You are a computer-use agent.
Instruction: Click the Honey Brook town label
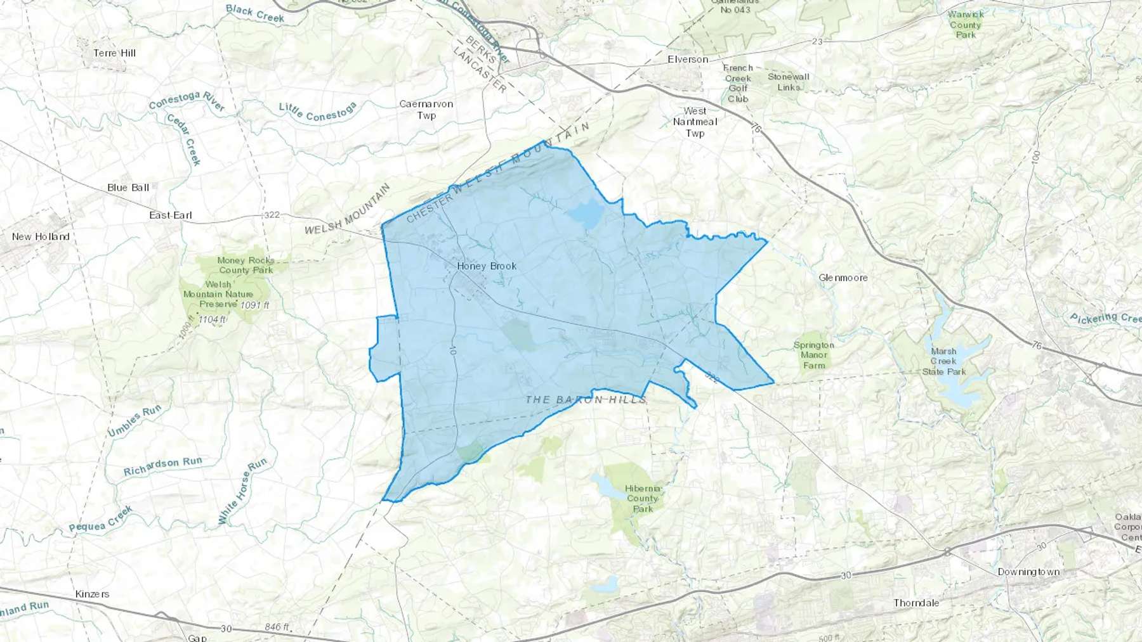[487, 266]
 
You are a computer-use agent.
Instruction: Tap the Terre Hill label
[114, 53]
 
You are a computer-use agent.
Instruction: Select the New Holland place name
[41, 236]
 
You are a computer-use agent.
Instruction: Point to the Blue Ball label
[128, 188]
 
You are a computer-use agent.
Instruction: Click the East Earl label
[171, 215]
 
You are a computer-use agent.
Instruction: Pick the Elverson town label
[688, 60]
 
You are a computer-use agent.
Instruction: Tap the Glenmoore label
[843, 278]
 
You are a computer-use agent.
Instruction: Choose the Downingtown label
[1028, 572]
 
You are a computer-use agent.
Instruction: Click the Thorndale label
[916, 603]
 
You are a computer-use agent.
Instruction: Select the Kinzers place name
[92, 594]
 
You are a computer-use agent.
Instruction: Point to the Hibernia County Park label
[643, 498]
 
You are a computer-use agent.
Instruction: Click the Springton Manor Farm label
[813, 355]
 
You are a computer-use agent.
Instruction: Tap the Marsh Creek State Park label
[943, 361]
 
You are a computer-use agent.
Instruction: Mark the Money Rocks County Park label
[246, 265]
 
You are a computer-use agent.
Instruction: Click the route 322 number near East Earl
[272, 215]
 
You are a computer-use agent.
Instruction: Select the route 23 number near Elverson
[817, 42]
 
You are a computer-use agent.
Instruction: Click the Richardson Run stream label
[163, 466]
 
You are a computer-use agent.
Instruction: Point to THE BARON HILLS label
[586, 399]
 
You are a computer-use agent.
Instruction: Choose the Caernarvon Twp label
[426, 109]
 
